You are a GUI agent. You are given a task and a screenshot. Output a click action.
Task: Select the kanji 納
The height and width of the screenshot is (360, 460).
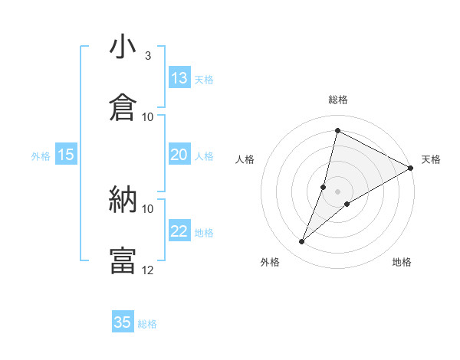pos(123,201)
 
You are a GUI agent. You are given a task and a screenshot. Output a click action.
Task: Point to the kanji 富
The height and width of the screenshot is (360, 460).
pos(123,260)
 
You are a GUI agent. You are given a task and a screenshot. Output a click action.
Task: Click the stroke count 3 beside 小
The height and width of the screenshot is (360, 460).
pos(148,56)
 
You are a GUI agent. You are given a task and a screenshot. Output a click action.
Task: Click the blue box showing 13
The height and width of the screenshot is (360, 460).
pos(179,78)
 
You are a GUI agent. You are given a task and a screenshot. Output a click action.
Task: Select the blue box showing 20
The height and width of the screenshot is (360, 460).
pos(179,155)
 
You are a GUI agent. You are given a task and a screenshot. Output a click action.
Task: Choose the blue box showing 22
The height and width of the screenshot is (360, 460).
pos(179,231)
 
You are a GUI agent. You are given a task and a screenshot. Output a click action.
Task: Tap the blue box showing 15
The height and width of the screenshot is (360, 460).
pos(66,155)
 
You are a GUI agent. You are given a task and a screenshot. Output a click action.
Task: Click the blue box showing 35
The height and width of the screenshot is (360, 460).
pos(123,322)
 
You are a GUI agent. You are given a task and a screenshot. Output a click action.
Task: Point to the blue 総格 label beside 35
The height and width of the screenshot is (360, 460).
pos(148,324)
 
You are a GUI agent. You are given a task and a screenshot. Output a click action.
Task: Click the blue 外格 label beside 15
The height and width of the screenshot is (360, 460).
pos(41,156)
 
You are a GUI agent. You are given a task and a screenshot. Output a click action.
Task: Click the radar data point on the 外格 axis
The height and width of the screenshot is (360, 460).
pos(301,242)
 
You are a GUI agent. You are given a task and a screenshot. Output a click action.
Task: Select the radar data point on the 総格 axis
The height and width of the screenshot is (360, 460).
pos(337,130)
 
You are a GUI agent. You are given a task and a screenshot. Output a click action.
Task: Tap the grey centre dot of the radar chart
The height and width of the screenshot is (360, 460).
pos(337,191)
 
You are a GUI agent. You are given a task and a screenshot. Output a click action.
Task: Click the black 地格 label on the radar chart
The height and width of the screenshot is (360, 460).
pos(402,263)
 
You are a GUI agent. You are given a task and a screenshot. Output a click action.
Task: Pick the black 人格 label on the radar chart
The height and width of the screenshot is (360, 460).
pos(245,159)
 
